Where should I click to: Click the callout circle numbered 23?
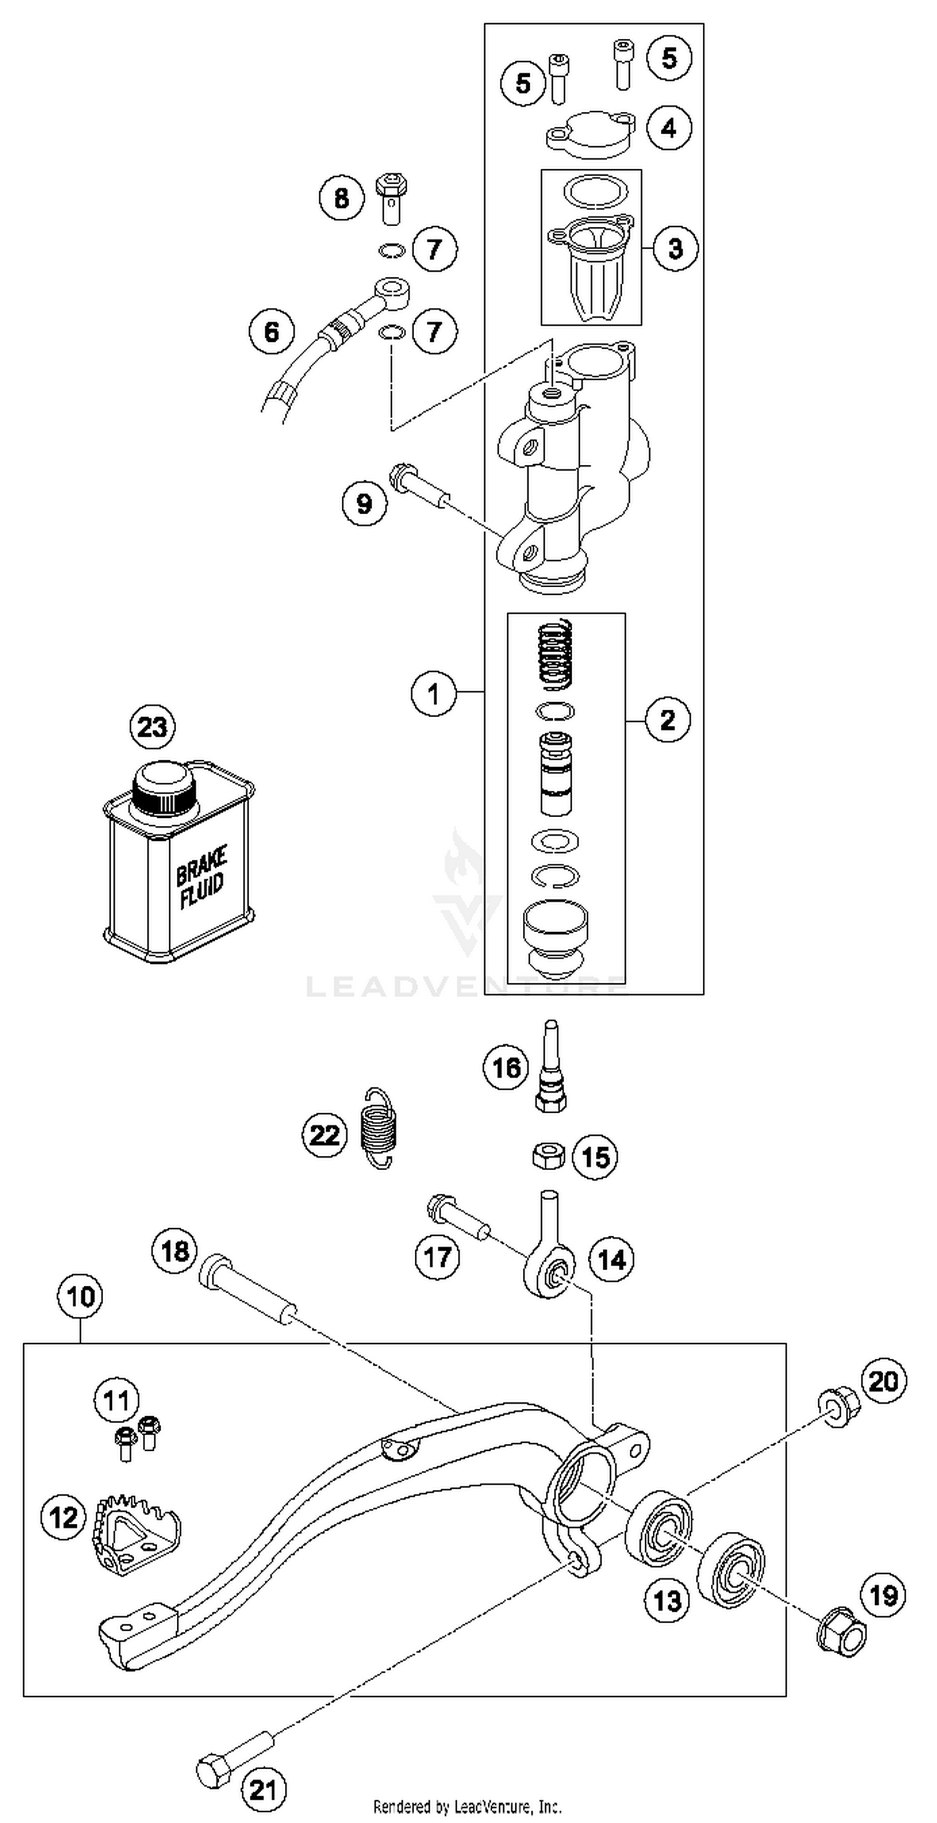(152, 727)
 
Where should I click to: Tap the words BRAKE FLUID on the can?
(202, 878)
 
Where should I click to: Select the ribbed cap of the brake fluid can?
(164, 790)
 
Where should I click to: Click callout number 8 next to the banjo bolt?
(341, 197)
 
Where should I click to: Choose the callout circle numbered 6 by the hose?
(272, 331)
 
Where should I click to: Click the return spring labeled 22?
(377, 1128)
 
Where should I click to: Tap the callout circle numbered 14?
(612, 1259)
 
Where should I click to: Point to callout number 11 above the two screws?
(117, 1400)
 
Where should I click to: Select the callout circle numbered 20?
(883, 1381)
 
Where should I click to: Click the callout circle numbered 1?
(433, 693)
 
